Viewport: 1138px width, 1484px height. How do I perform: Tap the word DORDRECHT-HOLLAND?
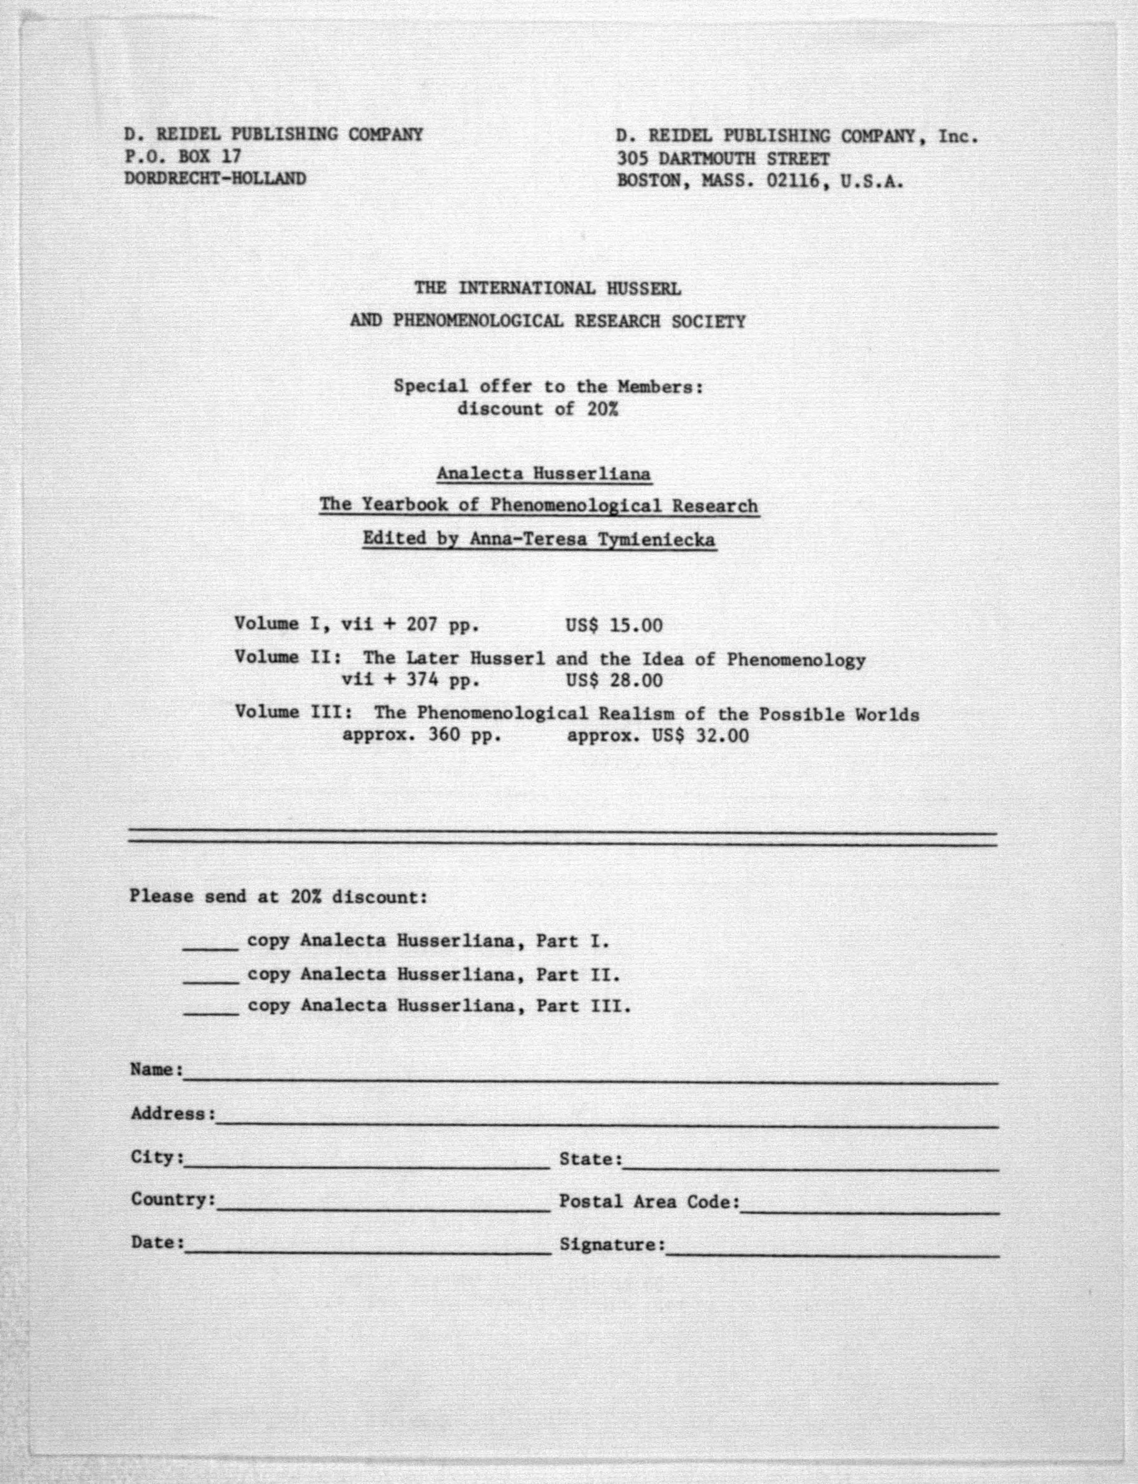(215, 179)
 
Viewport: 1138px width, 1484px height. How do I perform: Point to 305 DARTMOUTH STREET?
(723, 159)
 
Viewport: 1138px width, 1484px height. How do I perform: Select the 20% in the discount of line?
(603, 409)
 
